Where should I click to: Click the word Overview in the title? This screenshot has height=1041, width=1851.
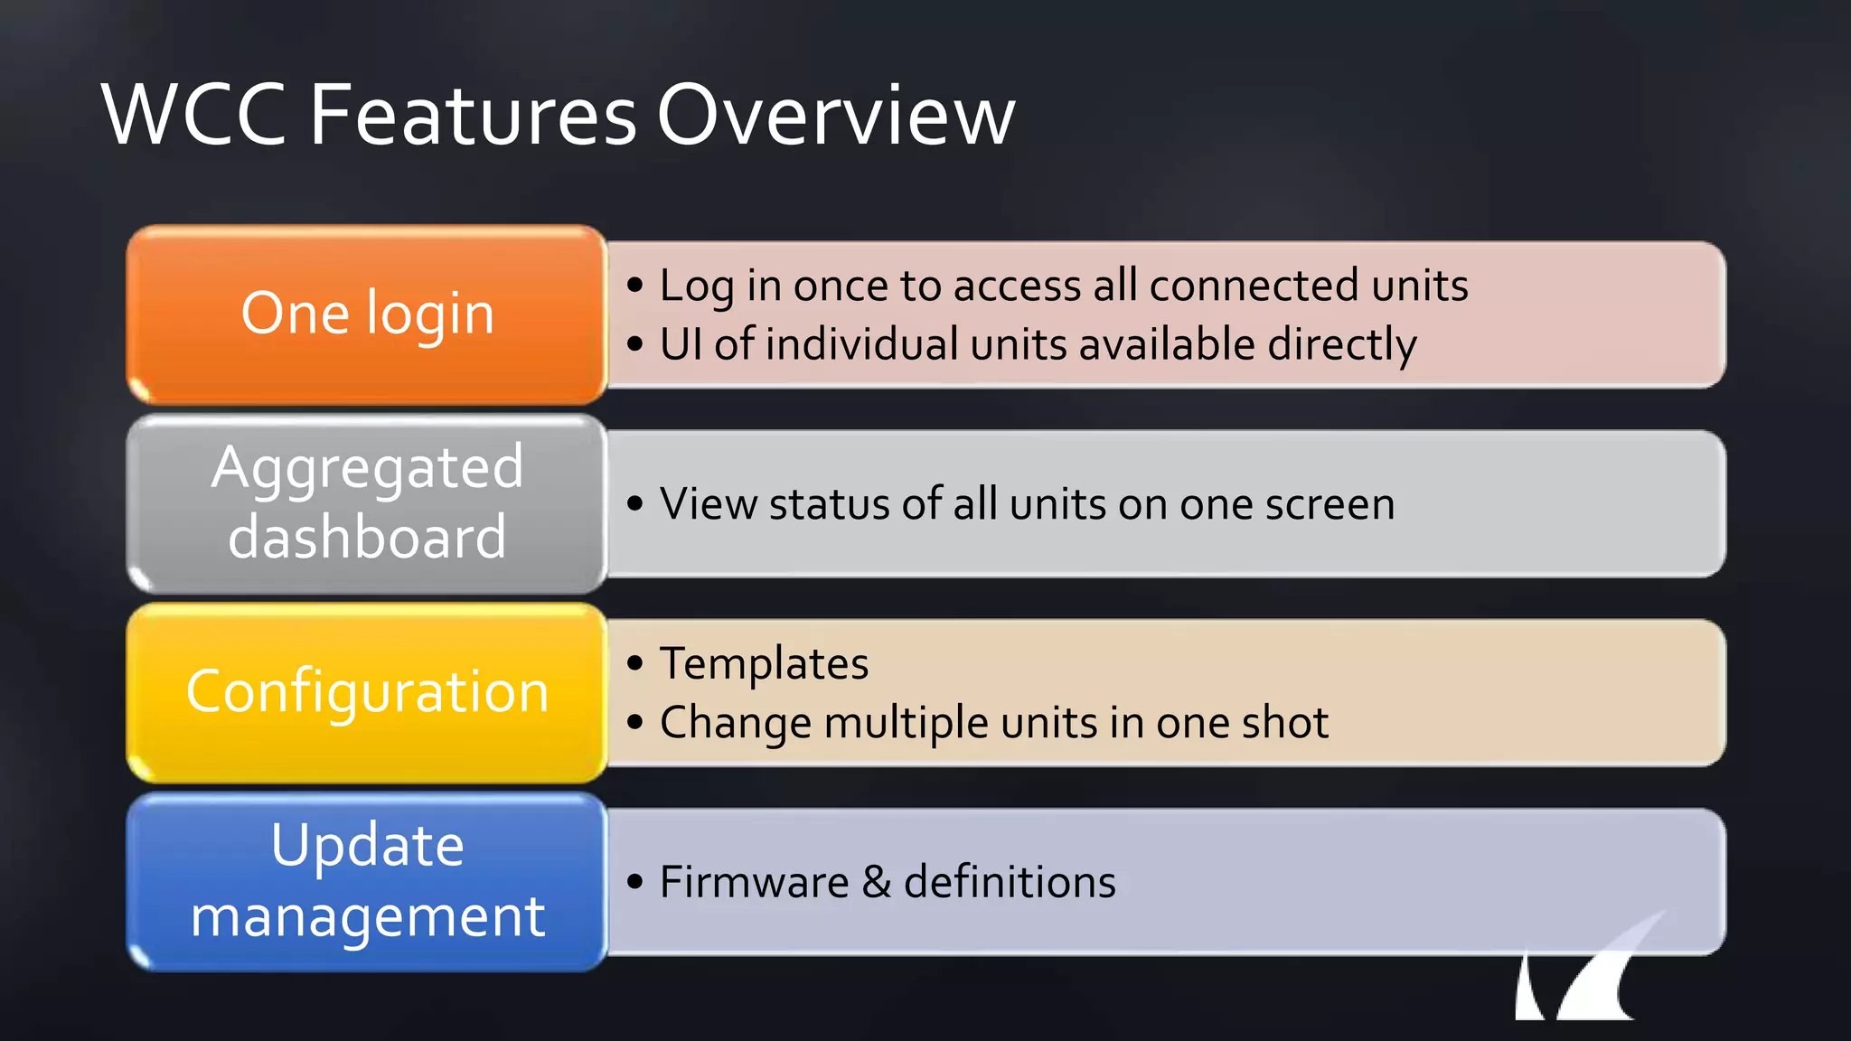(x=835, y=116)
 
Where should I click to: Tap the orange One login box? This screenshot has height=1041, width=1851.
(x=367, y=314)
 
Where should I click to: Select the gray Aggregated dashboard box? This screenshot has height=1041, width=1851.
(x=367, y=503)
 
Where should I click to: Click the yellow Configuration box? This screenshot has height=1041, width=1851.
(x=367, y=692)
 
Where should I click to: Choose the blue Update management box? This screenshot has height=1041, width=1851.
(x=367, y=881)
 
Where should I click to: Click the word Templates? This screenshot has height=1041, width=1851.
(x=764, y=664)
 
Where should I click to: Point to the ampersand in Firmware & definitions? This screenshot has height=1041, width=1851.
(x=876, y=882)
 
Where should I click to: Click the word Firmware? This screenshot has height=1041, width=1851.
(x=754, y=882)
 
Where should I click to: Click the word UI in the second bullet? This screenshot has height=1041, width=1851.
(x=681, y=344)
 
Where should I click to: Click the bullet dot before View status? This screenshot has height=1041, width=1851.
(x=635, y=504)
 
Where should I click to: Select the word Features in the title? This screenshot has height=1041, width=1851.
(x=473, y=116)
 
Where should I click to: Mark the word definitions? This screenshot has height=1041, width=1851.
(x=1010, y=882)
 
